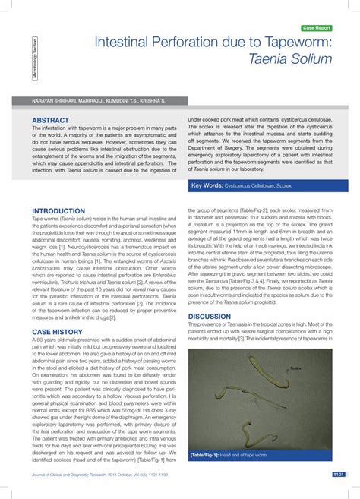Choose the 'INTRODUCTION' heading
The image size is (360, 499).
pyautogui.click(x=58, y=210)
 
